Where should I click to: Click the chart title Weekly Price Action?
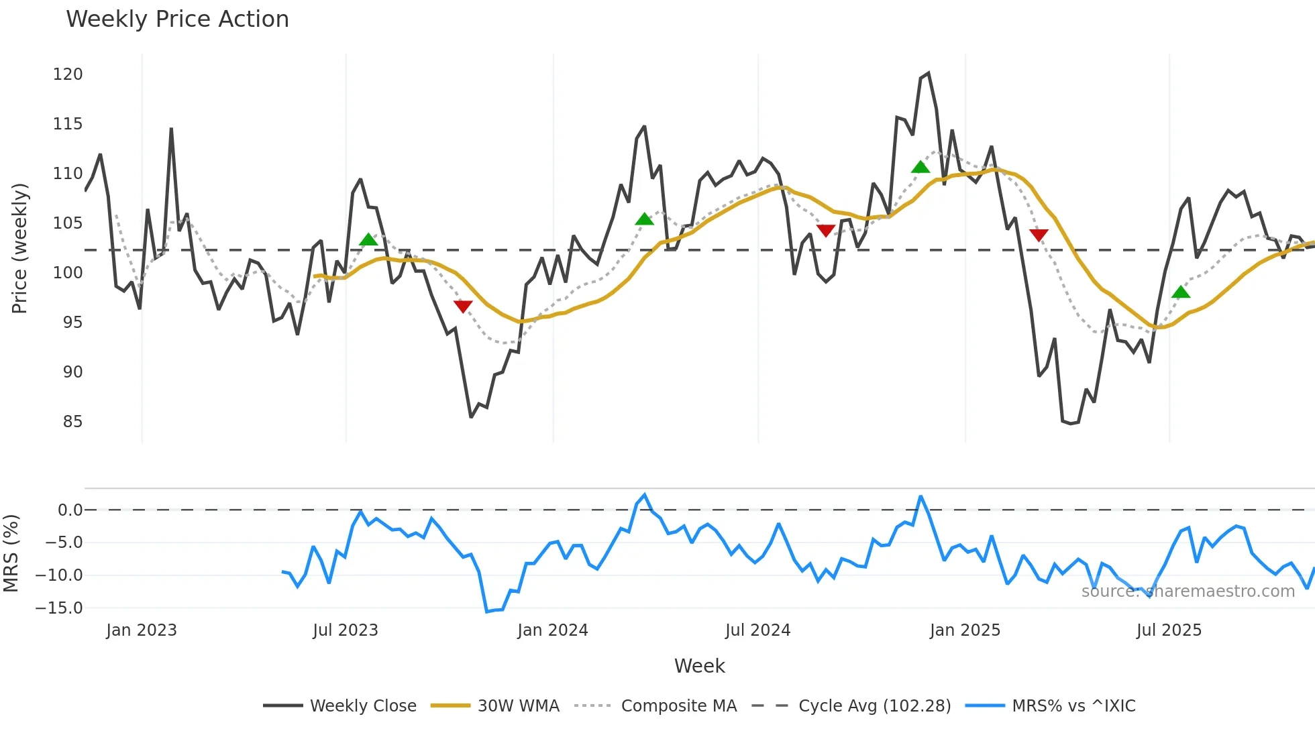(x=177, y=19)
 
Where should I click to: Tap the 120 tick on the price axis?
(x=68, y=74)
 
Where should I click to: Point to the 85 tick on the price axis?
(x=72, y=422)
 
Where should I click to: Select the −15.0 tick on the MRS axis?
(x=59, y=608)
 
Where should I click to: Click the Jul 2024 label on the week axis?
(x=757, y=630)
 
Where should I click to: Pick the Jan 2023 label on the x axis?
(x=142, y=630)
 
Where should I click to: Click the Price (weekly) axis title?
(x=20, y=248)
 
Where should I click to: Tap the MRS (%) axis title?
(x=11, y=553)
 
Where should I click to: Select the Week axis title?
(x=699, y=666)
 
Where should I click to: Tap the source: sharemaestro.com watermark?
(x=1188, y=591)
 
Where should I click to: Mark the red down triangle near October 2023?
(x=463, y=306)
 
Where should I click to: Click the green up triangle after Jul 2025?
(x=1181, y=292)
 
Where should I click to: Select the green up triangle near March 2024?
(x=644, y=219)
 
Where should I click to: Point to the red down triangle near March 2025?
(x=1039, y=235)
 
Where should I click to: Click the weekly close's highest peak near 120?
(x=928, y=73)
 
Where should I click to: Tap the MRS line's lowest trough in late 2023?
(x=487, y=612)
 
